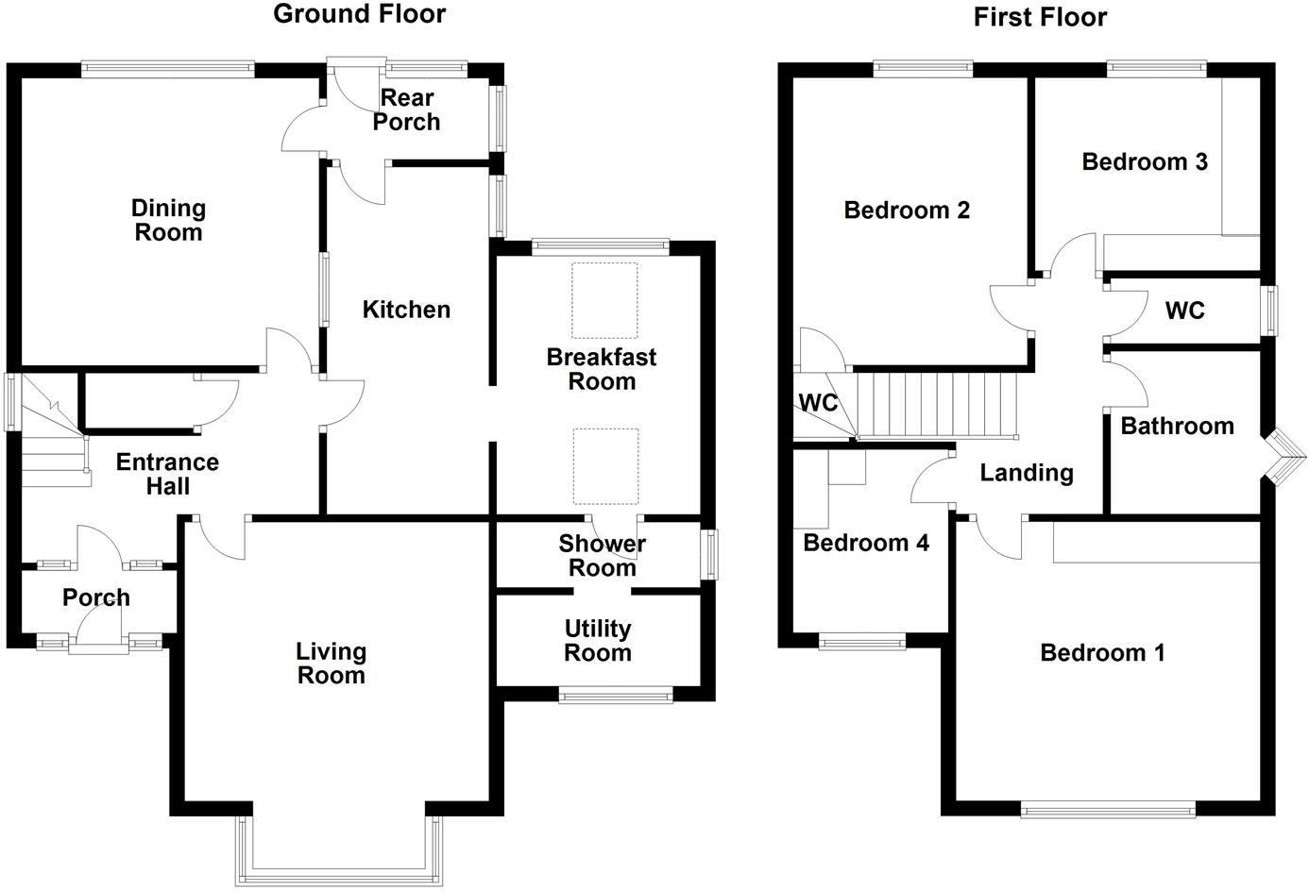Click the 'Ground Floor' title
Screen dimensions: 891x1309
[359, 14]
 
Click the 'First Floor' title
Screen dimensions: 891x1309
[1040, 17]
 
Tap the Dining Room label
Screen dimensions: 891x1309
[168, 220]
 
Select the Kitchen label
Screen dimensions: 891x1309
[406, 310]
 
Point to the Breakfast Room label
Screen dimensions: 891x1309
[602, 369]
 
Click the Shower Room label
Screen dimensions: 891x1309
[602, 556]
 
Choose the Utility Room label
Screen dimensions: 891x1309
[598, 641]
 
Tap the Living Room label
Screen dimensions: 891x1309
[331, 664]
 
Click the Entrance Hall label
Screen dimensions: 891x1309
[167, 474]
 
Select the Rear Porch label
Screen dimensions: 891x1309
[406, 109]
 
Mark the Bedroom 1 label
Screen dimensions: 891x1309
[1102, 652]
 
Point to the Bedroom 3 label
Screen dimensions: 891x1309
[1145, 161]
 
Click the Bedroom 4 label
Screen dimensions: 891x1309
[866, 543]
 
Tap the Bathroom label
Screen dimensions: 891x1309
[1177, 426]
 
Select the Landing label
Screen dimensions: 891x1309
[1027, 472]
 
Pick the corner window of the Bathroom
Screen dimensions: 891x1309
[1283, 457]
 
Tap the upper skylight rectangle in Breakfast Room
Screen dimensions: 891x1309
[604, 300]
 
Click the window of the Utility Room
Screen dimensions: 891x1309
[616, 697]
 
